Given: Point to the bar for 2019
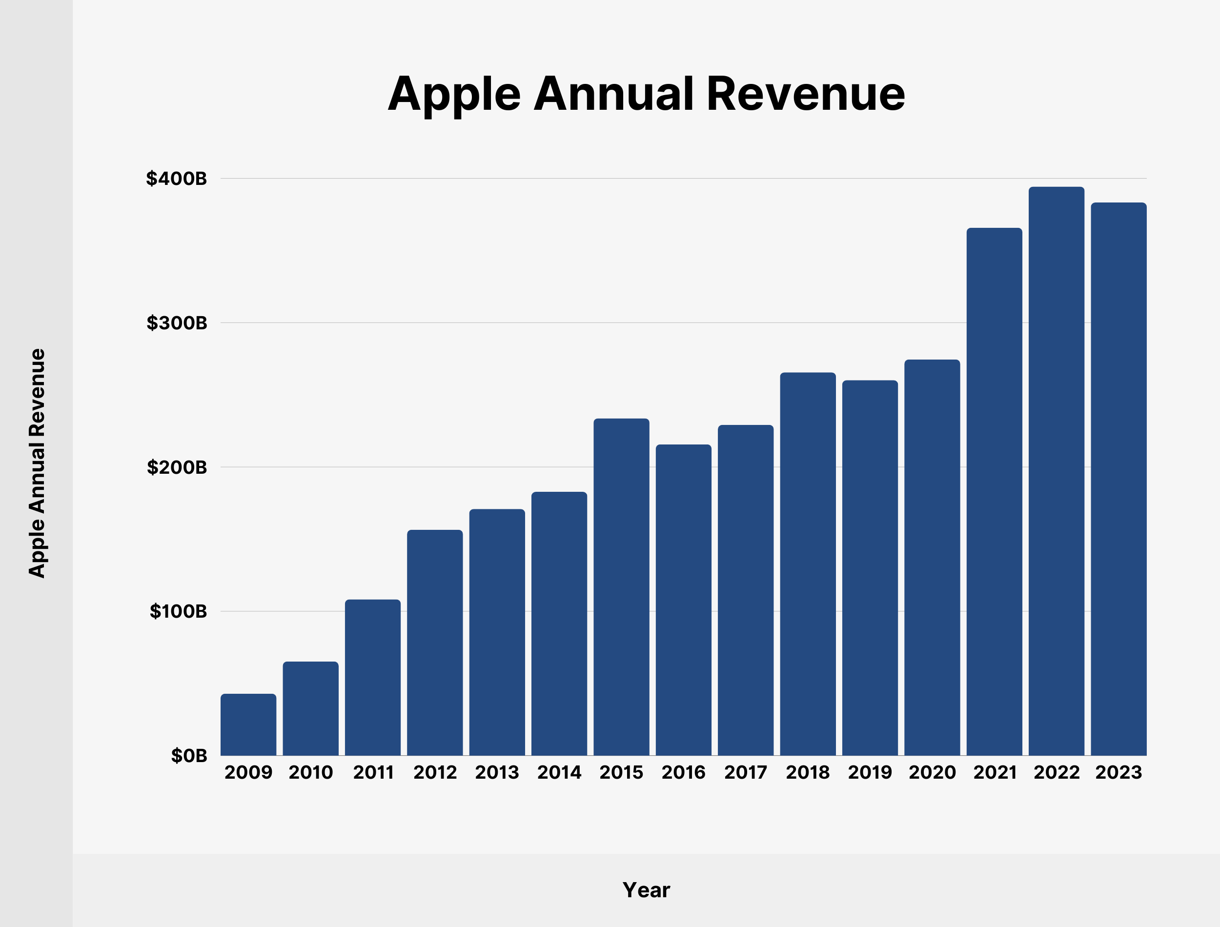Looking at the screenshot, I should click(870, 568).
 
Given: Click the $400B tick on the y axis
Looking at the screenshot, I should click(176, 178).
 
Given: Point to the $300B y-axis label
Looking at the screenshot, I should click(177, 323).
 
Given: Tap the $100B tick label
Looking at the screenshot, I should click(178, 611).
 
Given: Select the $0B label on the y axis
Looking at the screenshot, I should click(188, 755).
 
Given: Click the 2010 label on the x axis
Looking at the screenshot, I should click(311, 772).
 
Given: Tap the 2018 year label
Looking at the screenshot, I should click(807, 772).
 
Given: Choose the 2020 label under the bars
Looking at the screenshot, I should click(932, 772).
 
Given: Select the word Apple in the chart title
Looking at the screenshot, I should click(453, 95).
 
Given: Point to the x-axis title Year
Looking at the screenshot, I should click(646, 890).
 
